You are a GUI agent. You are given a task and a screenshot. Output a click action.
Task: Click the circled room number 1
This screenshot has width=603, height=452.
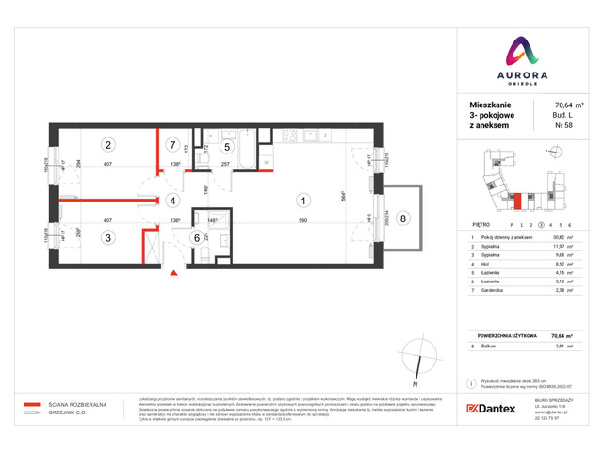(x=302, y=200)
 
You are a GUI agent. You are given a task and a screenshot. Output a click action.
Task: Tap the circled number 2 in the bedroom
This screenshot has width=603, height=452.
(x=109, y=145)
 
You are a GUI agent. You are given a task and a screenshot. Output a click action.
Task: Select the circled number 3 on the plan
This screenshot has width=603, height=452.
(x=109, y=238)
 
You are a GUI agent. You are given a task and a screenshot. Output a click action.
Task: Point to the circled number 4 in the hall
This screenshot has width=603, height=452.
(x=172, y=201)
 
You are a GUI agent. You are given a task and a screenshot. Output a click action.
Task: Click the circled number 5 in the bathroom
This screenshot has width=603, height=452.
(x=227, y=146)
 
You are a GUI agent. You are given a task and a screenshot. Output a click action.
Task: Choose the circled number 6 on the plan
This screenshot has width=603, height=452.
(x=197, y=238)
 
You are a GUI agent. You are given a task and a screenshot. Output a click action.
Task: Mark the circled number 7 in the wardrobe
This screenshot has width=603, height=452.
(x=171, y=145)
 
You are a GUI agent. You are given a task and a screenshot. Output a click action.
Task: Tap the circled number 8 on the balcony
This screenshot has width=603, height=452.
(x=404, y=219)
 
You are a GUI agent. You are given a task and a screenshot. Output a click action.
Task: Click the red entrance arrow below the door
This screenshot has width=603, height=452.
(x=172, y=275)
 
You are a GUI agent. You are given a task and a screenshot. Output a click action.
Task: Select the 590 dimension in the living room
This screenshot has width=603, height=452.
(x=303, y=221)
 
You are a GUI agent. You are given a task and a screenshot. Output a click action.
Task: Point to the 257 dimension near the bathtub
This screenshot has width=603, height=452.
(x=226, y=165)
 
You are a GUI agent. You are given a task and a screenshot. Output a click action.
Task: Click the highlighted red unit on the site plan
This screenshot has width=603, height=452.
(x=517, y=200)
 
